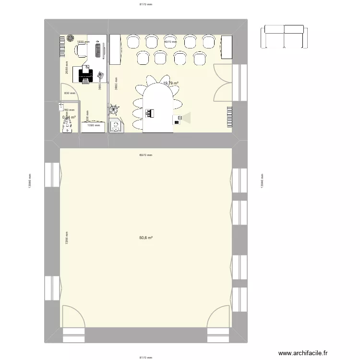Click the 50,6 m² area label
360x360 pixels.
pyautogui.click(x=145, y=238)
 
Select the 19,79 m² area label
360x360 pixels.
pyautogui.click(x=170, y=83)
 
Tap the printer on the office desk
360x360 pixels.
pyautogui.click(x=86, y=73)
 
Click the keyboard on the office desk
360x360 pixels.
pyautogui.click(x=98, y=49)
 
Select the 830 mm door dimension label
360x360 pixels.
pyautogui.click(x=70, y=93)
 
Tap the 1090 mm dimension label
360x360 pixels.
pyautogui.click(x=94, y=125)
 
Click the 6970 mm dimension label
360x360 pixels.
pyautogui.click(x=145, y=155)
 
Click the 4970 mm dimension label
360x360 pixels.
pyautogui.click(x=170, y=42)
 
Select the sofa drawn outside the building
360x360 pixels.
pyautogui.click(x=284, y=36)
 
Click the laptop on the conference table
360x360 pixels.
pyautogui.click(x=150, y=113)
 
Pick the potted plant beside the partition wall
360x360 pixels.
pyautogui.click(x=115, y=110)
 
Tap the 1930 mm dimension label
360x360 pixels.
pyautogui.click(x=84, y=42)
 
